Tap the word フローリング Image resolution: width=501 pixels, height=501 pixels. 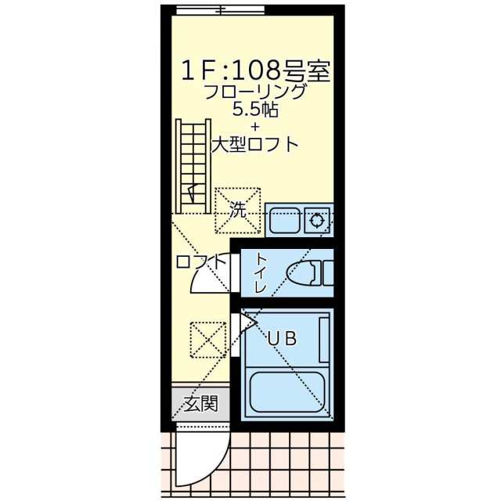pos(254,92)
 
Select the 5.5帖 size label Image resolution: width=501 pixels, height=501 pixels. pos(254,110)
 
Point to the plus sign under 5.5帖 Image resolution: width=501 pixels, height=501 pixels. pos(254,126)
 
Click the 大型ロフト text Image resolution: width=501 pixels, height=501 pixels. pos(254,144)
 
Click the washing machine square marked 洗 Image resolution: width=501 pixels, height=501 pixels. pos(238,210)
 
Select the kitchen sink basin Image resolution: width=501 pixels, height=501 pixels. pos(284,220)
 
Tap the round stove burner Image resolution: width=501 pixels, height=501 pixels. pos(318,220)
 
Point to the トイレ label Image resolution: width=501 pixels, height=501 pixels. pos(261,273)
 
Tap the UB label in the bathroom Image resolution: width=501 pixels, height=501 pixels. pos(281,339)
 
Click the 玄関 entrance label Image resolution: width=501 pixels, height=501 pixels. pos(200,405)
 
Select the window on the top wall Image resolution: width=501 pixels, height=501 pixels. pos(220,9)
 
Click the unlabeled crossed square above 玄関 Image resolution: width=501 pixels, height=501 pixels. pos(207,339)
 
